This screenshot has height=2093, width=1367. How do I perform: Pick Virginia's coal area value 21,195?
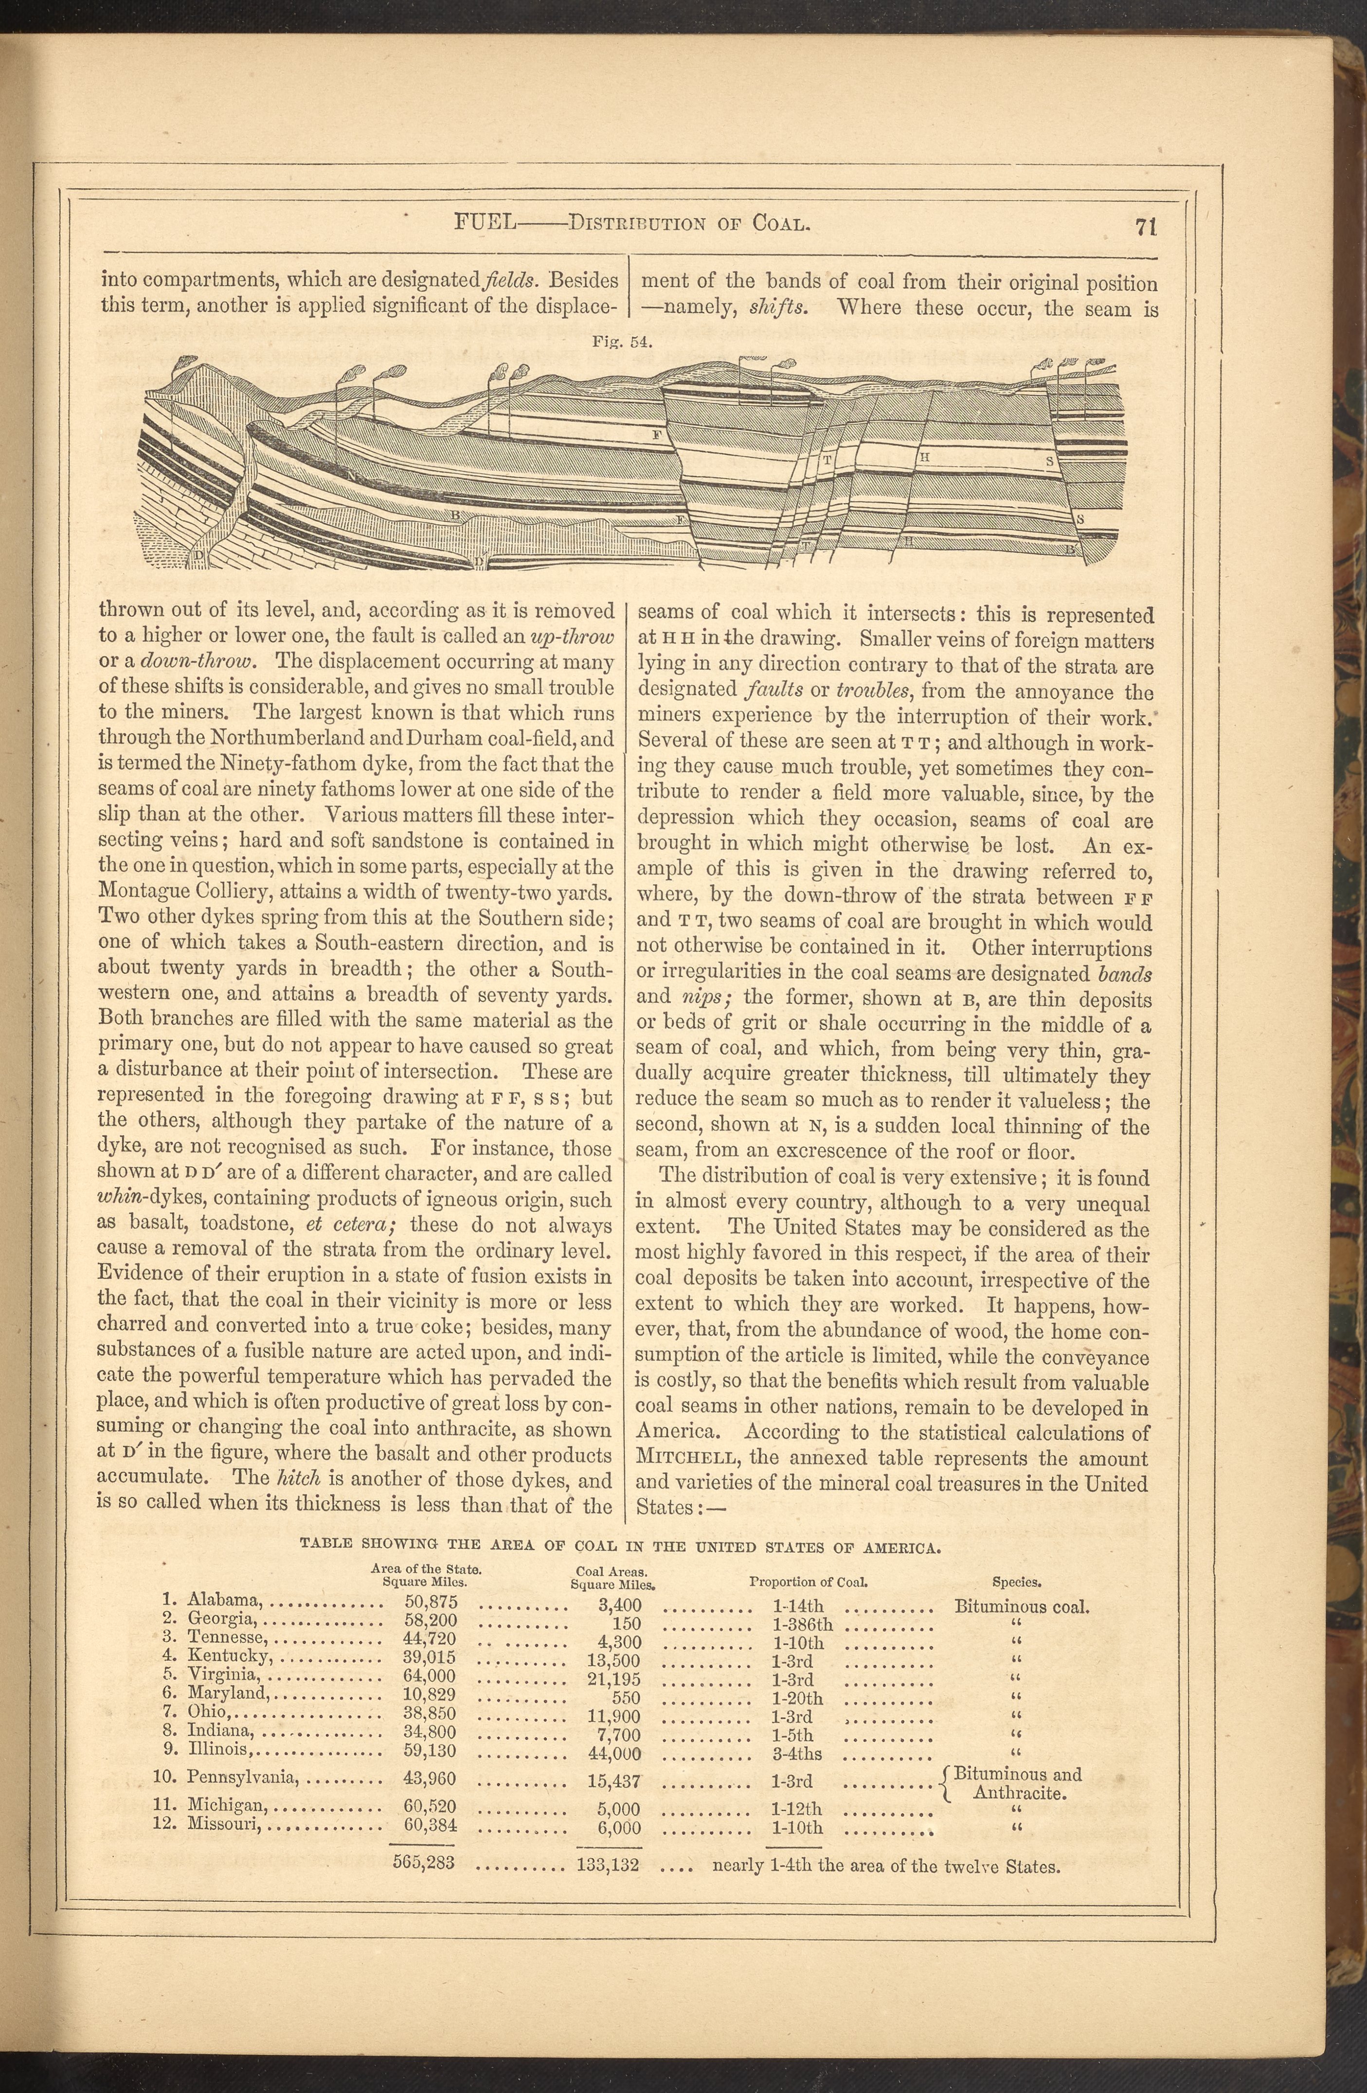coord(613,1680)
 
